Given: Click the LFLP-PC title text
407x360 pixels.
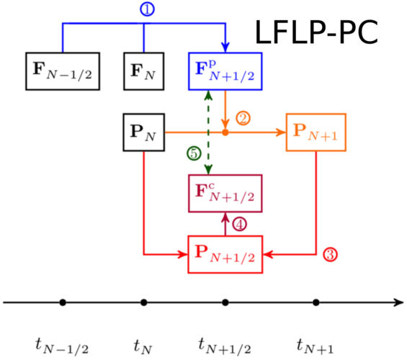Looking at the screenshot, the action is (316, 32).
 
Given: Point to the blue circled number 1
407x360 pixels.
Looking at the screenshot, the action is (147, 9).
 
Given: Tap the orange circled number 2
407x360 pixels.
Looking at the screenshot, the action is (243, 119).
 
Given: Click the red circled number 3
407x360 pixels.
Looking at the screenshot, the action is (330, 254).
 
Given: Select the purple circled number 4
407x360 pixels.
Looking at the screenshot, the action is (239, 225).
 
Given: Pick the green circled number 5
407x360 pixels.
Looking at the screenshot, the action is (194, 153).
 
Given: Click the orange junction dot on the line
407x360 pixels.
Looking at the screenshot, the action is (225, 132).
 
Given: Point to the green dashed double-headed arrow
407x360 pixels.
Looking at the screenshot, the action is (208, 132).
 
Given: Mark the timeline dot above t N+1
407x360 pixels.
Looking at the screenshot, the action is (316, 302).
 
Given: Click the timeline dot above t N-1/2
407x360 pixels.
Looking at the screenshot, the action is (63, 302).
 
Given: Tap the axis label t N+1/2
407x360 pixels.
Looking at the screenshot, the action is (225, 346).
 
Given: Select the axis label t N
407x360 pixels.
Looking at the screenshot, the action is (143, 346).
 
